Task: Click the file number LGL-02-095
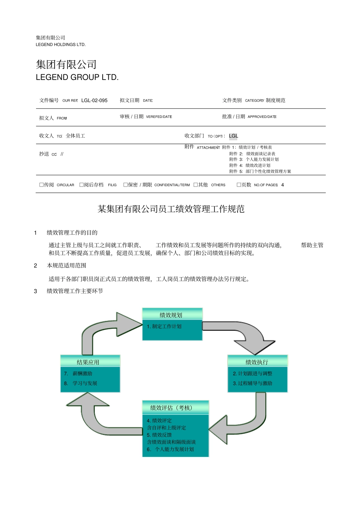tap(94, 100)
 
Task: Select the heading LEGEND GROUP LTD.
tap(77, 77)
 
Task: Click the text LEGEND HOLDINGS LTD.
tap(61, 45)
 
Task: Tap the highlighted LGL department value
tap(233, 136)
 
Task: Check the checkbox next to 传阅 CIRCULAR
tap(42, 185)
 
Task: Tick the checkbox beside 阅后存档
tap(81, 185)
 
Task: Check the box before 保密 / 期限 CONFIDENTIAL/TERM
tap(125, 185)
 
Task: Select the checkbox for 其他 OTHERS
tap(196, 185)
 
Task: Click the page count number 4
tap(282, 185)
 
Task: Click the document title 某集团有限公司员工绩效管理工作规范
tap(171, 209)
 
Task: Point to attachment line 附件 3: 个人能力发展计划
tap(254, 160)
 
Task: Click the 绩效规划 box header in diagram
tap(172, 314)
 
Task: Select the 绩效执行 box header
tap(257, 361)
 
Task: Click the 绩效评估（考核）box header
tap(175, 407)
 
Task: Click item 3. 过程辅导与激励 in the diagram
tap(252, 383)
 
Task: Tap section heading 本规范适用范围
tap(67, 265)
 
